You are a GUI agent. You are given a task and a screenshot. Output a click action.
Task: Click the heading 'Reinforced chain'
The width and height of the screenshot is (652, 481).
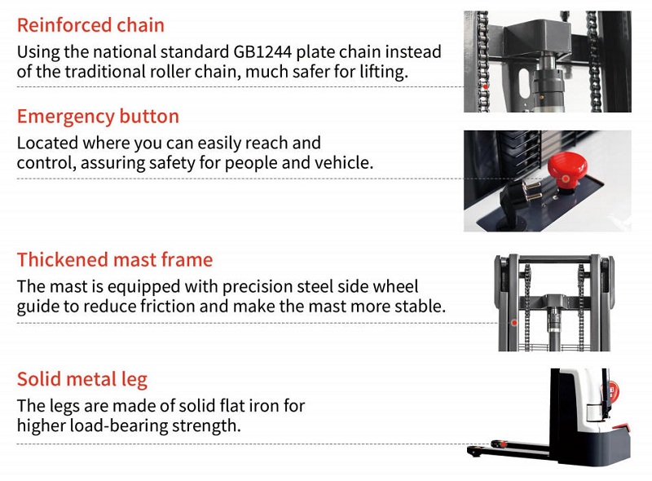(90, 25)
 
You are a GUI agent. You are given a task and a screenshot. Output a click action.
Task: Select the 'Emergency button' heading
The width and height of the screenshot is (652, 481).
(98, 117)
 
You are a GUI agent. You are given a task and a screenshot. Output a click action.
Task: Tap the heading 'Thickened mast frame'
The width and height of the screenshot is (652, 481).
(115, 260)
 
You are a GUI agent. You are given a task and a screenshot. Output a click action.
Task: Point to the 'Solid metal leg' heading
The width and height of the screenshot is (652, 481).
(82, 380)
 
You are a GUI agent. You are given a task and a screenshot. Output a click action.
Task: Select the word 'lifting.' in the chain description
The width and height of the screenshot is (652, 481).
(382, 73)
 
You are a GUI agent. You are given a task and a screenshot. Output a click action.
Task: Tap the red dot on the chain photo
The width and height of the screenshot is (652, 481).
(485, 86)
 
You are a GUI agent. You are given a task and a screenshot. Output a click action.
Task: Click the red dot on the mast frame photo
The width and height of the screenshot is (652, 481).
(514, 323)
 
